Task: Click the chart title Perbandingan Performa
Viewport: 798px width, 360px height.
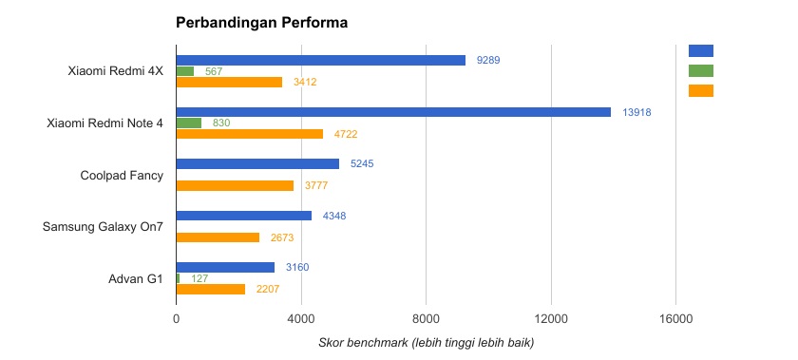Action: pyautogui.click(x=260, y=23)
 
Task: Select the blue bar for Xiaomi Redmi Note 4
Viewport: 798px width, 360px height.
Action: pyautogui.click(x=393, y=112)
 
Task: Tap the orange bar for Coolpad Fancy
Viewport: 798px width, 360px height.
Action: pyautogui.click(x=235, y=185)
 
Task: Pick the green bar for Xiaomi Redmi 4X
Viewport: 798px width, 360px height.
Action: pyautogui.click(x=185, y=71)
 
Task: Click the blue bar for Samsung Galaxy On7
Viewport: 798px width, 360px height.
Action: pyautogui.click(x=244, y=216)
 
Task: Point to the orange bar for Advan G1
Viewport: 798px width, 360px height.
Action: pyautogui.click(x=210, y=289)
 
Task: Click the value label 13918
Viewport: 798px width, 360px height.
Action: pyautogui.click(x=636, y=112)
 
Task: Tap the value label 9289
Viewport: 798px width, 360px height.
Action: pyautogui.click(x=488, y=60)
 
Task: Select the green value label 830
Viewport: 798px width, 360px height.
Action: pyautogui.click(x=221, y=123)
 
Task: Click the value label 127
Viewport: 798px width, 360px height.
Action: pyautogui.click(x=199, y=278)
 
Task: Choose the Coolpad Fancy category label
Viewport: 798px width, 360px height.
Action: pyautogui.click(x=122, y=175)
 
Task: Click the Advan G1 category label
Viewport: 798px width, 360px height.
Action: pyautogui.click(x=137, y=278)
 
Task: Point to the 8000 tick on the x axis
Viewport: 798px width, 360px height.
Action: pyautogui.click(x=426, y=321)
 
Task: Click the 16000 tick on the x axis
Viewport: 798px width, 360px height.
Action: pyautogui.click(x=675, y=321)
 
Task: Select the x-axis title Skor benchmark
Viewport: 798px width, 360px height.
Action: pyautogui.click(x=426, y=342)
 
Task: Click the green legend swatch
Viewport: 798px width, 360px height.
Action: pyautogui.click(x=700, y=70)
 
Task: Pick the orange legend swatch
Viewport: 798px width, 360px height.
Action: pyautogui.click(x=700, y=91)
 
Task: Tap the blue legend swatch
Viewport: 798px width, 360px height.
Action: pyautogui.click(x=700, y=50)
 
